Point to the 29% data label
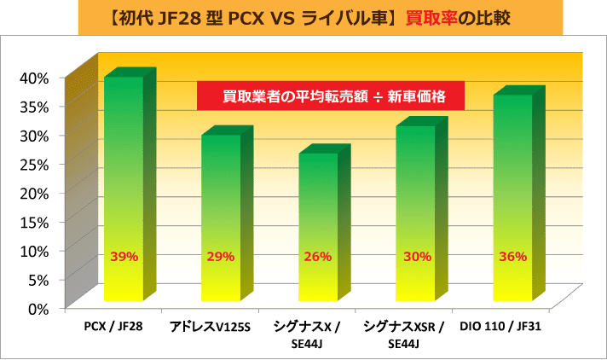pos(220,256)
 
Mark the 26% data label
pos(317,256)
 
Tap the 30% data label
pos(415,256)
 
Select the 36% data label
pos(512,256)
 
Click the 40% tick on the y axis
pos(34,78)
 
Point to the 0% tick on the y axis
pos(38,308)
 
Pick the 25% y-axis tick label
pos(34,164)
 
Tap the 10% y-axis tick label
pos(34,250)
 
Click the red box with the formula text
pos(330,96)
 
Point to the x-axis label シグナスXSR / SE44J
pos(404,334)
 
